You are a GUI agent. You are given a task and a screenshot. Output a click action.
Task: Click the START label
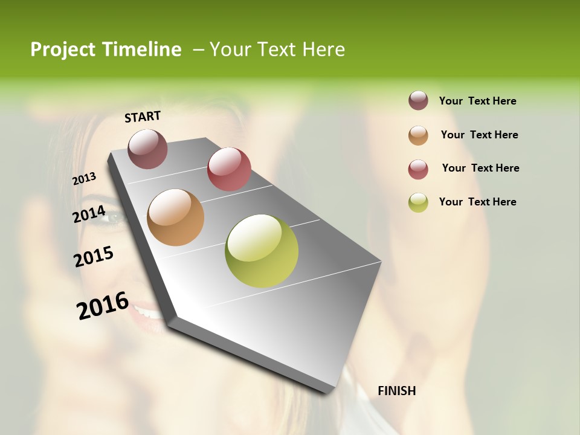point(143,117)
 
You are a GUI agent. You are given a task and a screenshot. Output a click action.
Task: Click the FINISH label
point(396,391)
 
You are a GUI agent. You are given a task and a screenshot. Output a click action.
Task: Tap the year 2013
point(84,178)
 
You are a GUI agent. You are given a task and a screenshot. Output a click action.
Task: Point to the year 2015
point(94,256)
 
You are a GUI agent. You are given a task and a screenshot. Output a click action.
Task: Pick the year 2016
point(103,305)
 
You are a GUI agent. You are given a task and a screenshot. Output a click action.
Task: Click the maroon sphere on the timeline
point(148,149)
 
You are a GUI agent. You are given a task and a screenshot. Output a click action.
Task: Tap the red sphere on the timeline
point(229,169)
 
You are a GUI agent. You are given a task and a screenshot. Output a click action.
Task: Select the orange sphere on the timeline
point(176,217)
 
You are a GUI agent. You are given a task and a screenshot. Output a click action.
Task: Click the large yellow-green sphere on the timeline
point(262,251)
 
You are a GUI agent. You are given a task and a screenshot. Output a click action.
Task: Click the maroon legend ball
point(418,100)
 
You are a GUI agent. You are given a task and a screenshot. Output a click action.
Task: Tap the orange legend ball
point(418,135)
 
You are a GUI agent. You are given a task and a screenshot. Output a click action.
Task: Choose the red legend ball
point(418,169)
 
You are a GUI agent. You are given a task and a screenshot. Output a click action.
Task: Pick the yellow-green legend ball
point(418,202)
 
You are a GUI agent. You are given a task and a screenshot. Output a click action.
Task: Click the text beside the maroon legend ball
point(477,101)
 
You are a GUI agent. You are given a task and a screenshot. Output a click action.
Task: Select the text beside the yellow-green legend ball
point(477,202)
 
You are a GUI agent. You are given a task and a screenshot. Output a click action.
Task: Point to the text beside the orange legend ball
point(479,135)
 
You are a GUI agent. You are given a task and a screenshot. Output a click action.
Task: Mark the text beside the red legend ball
point(480,168)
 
